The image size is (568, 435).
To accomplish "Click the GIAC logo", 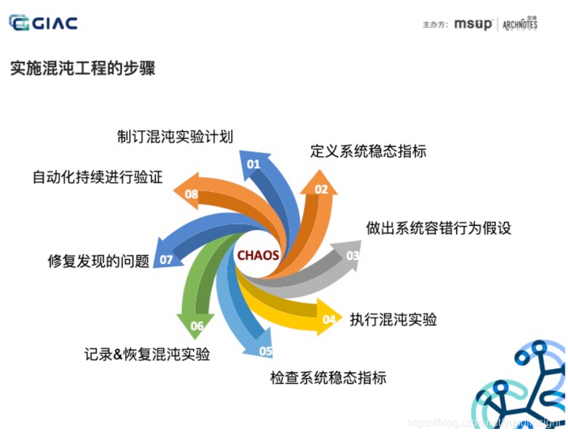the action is tap(43, 23).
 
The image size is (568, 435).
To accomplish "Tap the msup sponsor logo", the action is tap(473, 25).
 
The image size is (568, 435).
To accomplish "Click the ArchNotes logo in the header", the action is tap(520, 25).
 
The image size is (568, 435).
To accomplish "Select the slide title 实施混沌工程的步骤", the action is tap(83, 68).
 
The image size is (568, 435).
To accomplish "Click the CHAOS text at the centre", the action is tap(258, 254).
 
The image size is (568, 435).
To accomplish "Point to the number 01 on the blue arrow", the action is tap(254, 164).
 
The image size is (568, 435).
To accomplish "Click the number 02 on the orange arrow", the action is tap(322, 189).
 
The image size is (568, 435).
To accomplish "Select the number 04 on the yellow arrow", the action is tap(329, 320).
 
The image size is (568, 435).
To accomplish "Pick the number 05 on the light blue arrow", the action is tap(266, 351).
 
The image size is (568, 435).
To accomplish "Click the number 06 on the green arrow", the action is tap(197, 326).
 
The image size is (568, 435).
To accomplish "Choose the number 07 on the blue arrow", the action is tap(166, 260).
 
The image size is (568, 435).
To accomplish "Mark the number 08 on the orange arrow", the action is tap(192, 195).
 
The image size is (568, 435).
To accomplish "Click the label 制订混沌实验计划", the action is tap(175, 137).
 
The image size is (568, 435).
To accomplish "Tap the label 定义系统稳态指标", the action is tap(368, 151).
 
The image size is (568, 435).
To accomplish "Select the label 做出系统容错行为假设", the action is tap(439, 228).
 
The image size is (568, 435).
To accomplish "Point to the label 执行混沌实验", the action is tap(394, 319).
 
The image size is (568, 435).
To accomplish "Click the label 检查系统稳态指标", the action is tap(328, 378).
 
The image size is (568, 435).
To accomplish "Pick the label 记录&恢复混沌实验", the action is tap(147, 354).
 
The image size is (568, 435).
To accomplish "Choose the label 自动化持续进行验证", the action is tap(97, 178).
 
